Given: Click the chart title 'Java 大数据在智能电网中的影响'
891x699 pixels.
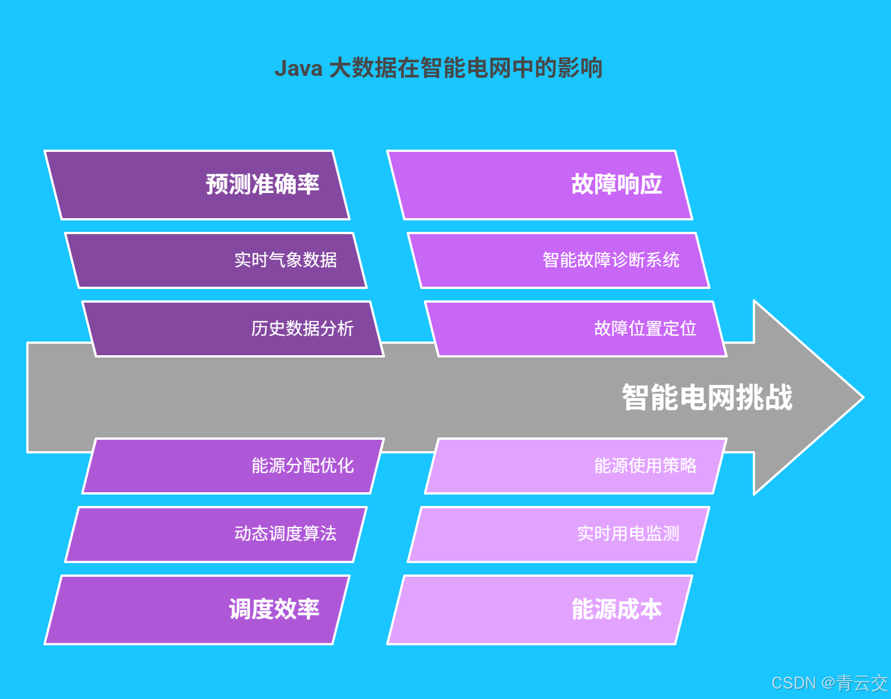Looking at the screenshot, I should click(x=438, y=68).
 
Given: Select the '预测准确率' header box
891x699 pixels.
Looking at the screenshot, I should click(x=197, y=185).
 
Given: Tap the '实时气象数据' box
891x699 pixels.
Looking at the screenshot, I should click(x=216, y=260).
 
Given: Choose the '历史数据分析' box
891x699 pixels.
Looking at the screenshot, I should click(x=233, y=329).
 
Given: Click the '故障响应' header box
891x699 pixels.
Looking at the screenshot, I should click(x=540, y=185).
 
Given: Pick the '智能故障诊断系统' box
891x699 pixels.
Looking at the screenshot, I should click(x=559, y=260).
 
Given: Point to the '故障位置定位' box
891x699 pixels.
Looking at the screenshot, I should click(x=576, y=329).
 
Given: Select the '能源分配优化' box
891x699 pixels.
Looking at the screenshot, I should click(x=233, y=466).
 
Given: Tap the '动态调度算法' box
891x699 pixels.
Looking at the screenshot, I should click(x=216, y=535).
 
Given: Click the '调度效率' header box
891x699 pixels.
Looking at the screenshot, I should click(x=197, y=610).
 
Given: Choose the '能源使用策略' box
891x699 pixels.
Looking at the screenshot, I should click(x=576, y=466).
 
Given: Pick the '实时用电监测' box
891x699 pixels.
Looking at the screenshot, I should click(x=559, y=535).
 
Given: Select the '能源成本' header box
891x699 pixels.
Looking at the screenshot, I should click(x=540, y=610).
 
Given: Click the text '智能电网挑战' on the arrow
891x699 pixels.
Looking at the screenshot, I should click(x=707, y=397).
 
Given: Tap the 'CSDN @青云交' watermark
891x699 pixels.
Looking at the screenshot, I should click(x=829, y=683).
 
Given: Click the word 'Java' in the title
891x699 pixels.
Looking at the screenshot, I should click(x=298, y=69).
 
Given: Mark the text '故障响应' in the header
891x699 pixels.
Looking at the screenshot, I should click(x=617, y=185).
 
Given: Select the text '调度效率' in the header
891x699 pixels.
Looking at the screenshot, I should click(x=274, y=610).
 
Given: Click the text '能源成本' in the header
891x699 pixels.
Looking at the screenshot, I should click(x=617, y=610).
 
